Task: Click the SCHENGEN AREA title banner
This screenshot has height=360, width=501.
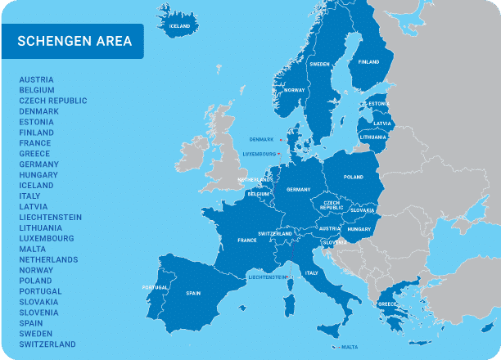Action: (x=74, y=41)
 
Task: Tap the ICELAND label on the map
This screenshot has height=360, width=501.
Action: (x=179, y=25)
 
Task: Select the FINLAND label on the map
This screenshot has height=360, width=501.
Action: (x=368, y=61)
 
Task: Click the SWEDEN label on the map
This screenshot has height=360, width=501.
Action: (x=319, y=64)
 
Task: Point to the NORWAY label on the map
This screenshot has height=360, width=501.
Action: (x=294, y=90)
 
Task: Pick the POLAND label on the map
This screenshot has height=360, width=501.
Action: (x=354, y=177)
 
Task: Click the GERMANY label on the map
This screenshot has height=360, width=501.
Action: (x=298, y=189)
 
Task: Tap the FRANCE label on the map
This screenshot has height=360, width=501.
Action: (x=247, y=241)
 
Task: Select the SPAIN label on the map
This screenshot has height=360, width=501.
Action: (x=194, y=293)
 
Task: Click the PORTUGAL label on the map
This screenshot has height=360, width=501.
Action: (x=155, y=287)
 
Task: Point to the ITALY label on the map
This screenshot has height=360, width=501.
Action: (x=311, y=272)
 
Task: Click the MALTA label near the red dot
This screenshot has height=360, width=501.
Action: (x=350, y=346)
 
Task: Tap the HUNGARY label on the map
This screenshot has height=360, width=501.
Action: (x=359, y=230)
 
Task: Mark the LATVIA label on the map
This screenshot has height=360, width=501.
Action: (x=382, y=124)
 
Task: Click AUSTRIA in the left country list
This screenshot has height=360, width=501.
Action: (x=37, y=79)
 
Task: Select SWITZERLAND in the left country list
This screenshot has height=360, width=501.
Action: (x=47, y=344)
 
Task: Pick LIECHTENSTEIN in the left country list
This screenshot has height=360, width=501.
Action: (x=51, y=217)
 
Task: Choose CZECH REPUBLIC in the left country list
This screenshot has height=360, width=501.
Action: (x=53, y=101)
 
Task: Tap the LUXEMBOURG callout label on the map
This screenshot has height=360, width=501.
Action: (x=259, y=153)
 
